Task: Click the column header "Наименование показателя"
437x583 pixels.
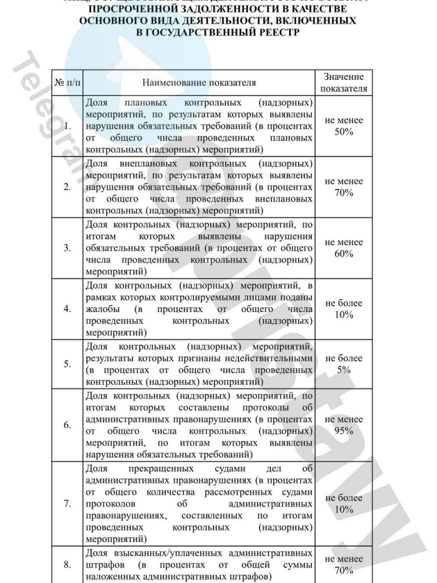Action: point(199,83)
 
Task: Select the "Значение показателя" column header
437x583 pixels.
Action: point(344,83)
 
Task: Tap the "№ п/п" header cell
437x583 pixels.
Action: point(68,83)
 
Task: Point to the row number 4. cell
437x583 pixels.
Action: point(68,309)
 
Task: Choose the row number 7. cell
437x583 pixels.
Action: point(68,504)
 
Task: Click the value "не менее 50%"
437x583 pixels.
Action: point(344,126)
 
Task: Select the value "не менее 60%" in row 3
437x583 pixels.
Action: point(344,248)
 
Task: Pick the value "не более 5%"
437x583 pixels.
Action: point(344,364)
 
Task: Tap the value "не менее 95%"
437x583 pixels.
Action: point(344,425)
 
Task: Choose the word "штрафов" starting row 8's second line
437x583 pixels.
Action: point(101,565)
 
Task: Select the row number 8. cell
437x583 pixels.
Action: point(68,565)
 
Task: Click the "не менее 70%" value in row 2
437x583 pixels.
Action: point(344,187)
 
